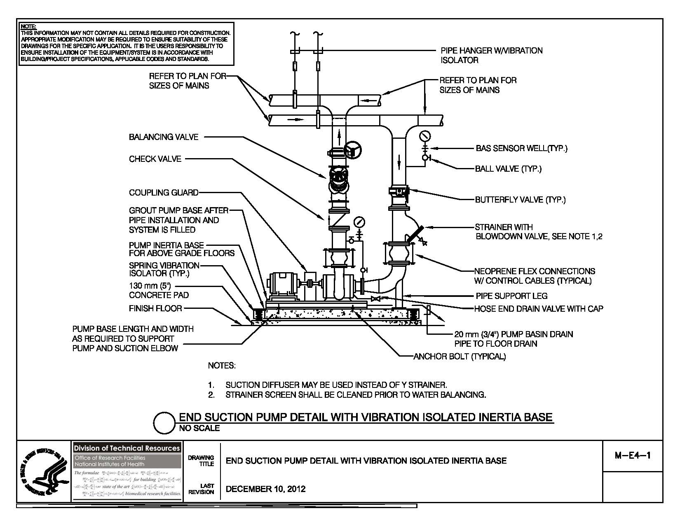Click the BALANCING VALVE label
[x=164, y=137]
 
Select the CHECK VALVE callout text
[x=155, y=159]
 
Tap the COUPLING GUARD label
[x=164, y=193]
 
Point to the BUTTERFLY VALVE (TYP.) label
[x=520, y=200]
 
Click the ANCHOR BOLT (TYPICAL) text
[x=460, y=357]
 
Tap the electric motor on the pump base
[x=283, y=285]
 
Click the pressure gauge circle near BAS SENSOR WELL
[x=424, y=135]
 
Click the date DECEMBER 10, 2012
[x=266, y=489]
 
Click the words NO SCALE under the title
[x=199, y=429]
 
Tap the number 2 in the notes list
[x=211, y=395]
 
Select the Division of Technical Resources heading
[x=127, y=448]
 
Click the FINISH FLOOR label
[x=155, y=308]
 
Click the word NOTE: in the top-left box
[x=28, y=27]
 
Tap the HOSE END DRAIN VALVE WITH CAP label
[x=538, y=309]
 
